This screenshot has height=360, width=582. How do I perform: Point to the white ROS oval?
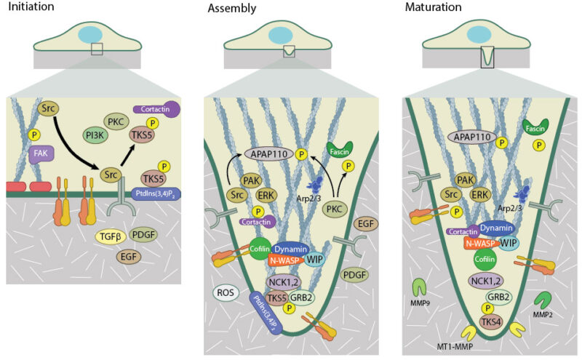[224, 293]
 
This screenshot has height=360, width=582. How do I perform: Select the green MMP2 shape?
[543, 299]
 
